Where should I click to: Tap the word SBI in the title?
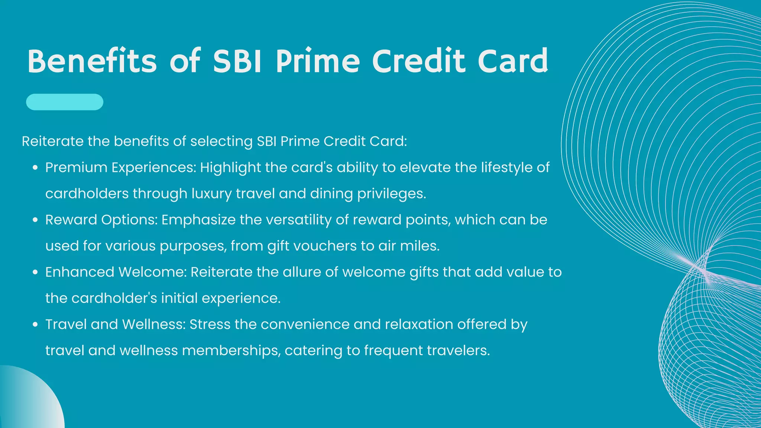237,61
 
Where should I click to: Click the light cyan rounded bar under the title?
65,102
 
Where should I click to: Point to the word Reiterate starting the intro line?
52,142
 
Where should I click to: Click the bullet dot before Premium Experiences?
35,168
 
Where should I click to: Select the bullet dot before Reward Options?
35,220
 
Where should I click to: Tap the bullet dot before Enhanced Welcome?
35,272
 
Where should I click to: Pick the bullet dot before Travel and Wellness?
35,325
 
